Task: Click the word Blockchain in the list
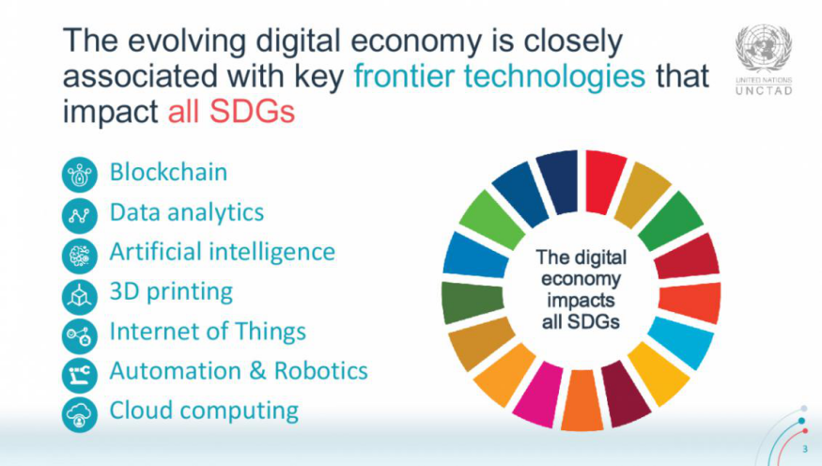168,172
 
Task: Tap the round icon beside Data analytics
80,215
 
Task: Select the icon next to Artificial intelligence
80,256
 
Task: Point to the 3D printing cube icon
80,297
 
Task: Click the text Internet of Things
208,332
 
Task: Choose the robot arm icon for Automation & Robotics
80,375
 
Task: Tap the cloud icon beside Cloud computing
80,414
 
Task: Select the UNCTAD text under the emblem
764,91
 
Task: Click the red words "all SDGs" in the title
231,111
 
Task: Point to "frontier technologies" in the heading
500,75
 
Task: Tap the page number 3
805,449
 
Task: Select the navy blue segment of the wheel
557,181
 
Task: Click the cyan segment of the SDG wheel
682,341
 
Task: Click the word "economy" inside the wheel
581,279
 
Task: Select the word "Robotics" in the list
321,370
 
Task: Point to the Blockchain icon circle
80,175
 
